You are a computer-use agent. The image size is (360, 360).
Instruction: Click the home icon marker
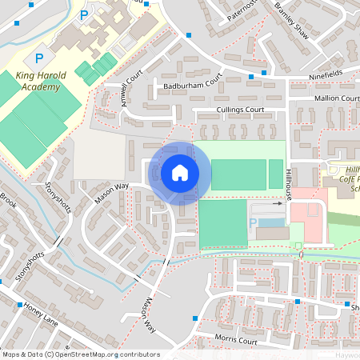pos(180,173)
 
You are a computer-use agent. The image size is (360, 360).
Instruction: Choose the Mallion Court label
pos(337,98)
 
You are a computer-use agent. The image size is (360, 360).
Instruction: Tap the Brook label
pos(8,198)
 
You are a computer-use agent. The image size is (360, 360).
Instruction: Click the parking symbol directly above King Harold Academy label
pos(38,58)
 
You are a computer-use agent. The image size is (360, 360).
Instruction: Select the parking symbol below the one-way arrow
pos(254,222)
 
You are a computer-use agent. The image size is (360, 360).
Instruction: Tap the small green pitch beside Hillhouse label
pos(276,174)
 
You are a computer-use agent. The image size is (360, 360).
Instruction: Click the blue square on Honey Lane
pos(20,305)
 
